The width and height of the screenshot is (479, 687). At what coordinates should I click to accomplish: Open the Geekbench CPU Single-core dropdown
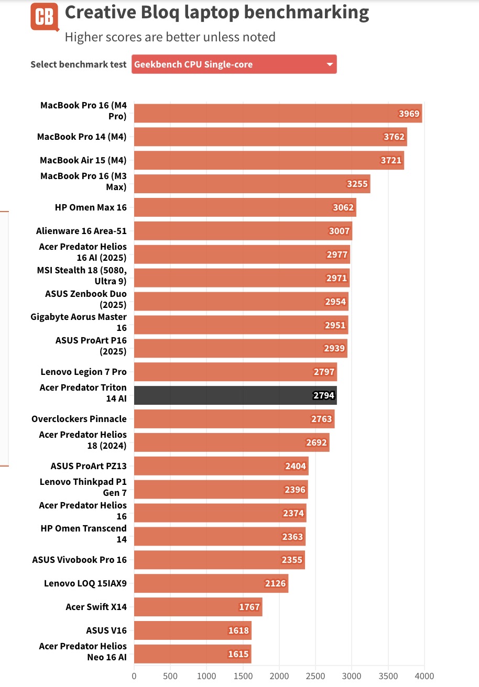[234, 64]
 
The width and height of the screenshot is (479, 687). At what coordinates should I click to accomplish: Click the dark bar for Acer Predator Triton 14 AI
[235, 395]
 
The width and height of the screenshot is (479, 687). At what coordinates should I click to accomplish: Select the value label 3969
[409, 114]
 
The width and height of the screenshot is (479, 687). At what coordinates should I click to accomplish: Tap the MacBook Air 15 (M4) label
[83, 160]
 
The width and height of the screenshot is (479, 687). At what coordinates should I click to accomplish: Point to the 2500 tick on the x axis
[315, 675]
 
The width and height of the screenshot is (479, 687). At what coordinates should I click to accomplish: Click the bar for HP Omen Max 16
[245, 207]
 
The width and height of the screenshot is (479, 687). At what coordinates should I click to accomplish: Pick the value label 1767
[249, 607]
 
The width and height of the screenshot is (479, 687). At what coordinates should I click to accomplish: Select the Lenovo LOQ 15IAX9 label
[85, 583]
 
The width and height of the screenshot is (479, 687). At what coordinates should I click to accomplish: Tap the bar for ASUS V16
[192, 630]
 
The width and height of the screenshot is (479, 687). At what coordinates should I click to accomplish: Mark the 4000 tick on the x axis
[424, 675]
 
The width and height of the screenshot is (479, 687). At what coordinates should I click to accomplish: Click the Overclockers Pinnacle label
[79, 419]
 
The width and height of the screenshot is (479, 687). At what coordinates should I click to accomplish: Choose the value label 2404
[296, 466]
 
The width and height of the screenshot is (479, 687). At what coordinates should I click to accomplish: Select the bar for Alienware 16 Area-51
[243, 231]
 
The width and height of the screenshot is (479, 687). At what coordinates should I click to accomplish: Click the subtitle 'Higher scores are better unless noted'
[170, 37]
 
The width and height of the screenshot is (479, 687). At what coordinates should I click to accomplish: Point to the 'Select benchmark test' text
[79, 64]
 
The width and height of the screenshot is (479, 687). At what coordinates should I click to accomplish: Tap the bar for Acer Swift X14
[198, 607]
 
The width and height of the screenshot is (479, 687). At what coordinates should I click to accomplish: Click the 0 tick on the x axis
[134, 675]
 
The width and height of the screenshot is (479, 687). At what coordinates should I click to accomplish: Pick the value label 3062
[343, 207]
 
